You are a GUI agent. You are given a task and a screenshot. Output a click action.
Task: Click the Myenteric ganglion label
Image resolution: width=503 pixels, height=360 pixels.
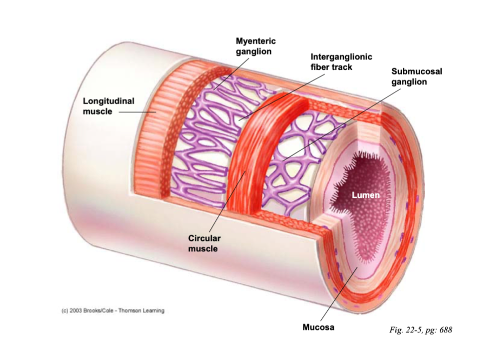pos(256,46)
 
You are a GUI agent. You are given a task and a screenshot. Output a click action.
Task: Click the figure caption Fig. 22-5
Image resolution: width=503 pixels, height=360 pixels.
pos(420,330)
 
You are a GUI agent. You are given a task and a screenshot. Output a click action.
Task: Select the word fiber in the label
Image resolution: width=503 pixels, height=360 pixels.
pos(321,67)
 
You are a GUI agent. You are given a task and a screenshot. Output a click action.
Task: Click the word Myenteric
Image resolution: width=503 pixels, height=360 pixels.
pos(256,41)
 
